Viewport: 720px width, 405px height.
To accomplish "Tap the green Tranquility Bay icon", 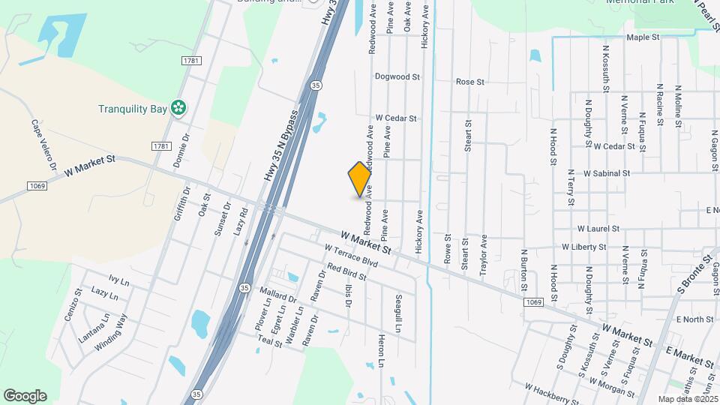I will click(178, 109).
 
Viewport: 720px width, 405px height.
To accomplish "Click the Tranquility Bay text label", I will click(132, 109).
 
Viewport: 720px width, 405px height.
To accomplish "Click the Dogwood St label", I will click(397, 76).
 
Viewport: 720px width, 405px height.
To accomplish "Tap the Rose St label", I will click(470, 81).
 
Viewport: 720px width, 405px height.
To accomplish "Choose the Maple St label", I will click(643, 37).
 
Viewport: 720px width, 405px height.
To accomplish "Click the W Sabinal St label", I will click(606, 172).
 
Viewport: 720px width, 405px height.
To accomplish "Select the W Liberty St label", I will click(583, 246).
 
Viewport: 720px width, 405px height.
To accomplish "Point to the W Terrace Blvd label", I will click(351, 256).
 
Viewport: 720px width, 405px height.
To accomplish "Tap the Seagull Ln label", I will click(398, 313).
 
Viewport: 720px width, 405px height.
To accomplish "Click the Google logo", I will click(25, 395).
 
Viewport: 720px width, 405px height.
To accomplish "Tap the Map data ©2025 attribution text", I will click(687, 399).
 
